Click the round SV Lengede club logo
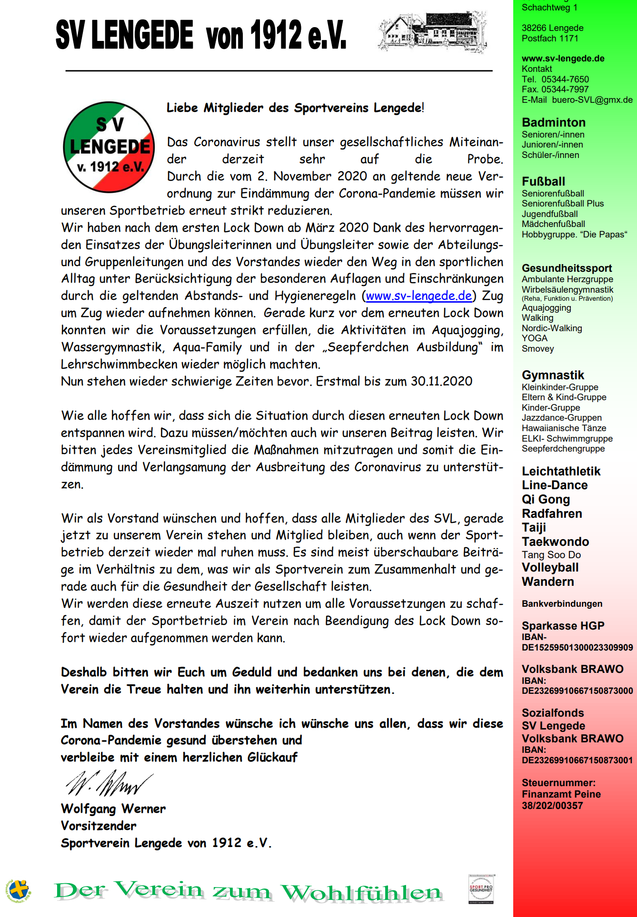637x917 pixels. point(109,147)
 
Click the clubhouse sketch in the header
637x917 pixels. point(432,32)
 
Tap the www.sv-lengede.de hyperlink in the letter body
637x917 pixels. point(419,296)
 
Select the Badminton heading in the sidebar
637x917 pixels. point(553,122)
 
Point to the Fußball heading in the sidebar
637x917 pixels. point(543,181)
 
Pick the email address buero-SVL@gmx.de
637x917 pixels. point(592,100)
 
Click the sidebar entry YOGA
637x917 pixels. point(535,338)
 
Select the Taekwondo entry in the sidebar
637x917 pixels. point(555,542)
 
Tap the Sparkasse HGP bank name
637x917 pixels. point(563,626)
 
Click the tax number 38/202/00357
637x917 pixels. point(552,806)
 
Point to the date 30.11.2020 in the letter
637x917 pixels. point(442,382)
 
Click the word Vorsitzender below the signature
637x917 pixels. point(99,826)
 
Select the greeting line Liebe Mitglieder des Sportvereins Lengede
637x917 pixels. point(295,108)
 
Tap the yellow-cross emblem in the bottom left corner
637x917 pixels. point(18,890)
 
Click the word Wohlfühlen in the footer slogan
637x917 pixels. point(361,893)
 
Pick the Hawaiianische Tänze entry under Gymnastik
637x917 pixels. point(564,428)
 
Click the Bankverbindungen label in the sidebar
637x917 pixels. point(562,604)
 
